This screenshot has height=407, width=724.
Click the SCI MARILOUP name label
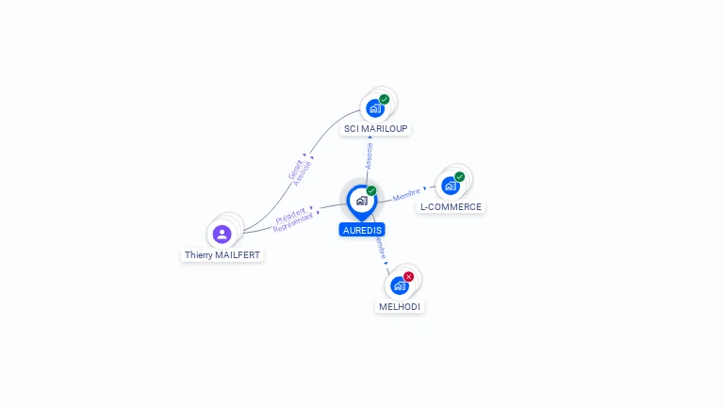[376, 128]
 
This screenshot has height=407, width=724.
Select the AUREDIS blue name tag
[362, 229]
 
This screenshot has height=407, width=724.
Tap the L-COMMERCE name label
[451, 206]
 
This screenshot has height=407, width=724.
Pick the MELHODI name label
[400, 306]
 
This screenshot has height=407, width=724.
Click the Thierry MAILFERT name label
[222, 254]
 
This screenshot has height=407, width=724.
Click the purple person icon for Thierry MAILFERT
[222, 234]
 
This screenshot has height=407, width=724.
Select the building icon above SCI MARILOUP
[374, 108]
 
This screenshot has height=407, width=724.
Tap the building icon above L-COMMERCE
[450, 186]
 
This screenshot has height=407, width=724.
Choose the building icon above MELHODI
[399, 285]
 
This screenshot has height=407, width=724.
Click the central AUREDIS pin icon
[361, 201]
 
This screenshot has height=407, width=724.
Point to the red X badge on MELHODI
[408, 277]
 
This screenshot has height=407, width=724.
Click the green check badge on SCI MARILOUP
[385, 99]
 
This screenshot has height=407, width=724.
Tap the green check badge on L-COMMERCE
[459, 176]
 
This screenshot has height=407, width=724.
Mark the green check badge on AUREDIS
[371, 191]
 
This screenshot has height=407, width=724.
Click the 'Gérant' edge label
[295, 169]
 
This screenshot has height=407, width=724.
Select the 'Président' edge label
[290, 215]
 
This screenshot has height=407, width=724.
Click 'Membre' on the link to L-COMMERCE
[406, 195]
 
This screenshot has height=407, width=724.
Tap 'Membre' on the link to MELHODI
[379, 248]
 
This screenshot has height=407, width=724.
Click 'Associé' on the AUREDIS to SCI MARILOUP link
[369, 155]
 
